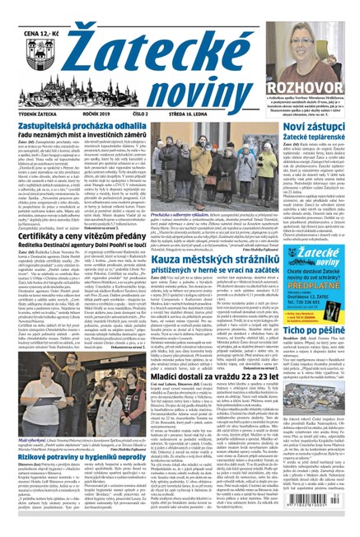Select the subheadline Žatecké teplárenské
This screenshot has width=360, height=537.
316,136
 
